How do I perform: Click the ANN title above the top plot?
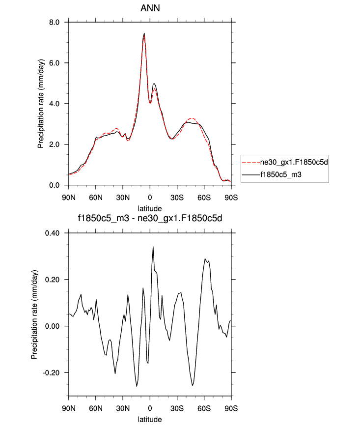click(150, 8)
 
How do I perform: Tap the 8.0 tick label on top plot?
click(55, 22)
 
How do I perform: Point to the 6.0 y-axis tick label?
click(55, 63)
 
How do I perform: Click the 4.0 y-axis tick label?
click(55, 104)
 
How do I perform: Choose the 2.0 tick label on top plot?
click(55, 144)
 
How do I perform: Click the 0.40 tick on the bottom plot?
click(53, 233)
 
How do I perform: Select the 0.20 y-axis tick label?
click(53, 280)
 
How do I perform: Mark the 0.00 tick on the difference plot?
click(53, 326)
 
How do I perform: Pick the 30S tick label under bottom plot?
click(177, 408)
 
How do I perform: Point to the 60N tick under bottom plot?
click(96, 408)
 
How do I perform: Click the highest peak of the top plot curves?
click(144, 33)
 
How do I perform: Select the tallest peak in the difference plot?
click(153, 247)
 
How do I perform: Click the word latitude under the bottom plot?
click(150, 420)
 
